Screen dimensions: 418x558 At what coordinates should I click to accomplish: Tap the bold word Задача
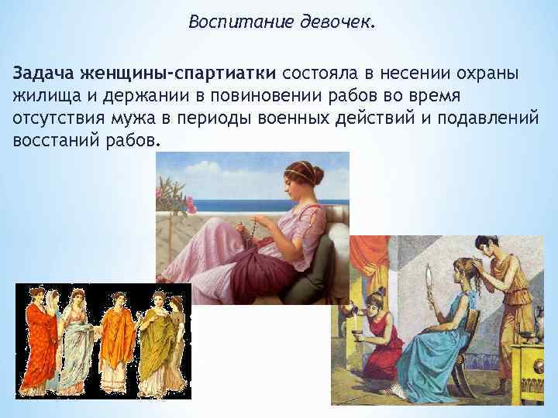(41, 74)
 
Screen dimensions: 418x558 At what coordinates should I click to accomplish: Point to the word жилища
(42, 97)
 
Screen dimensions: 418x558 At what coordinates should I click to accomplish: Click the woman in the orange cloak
(119, 337)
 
